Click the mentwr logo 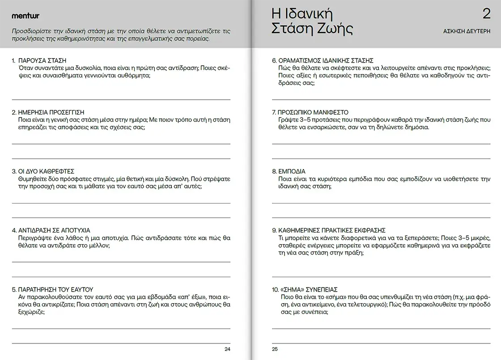pyautogui.click(x=25, y=16)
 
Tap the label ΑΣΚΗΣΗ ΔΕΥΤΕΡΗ pyautogui.click(x=467, y=31)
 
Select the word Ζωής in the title pyautogui.click(x=334, y=29)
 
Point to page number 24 pyautogui.click(x=227, y=349)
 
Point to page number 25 pyautogui.click(x=275, y=349)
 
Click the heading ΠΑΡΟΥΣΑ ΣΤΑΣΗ pyautogui.click(x=42, y=60)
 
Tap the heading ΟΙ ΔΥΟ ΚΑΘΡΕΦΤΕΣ pyautogui.click(x=46, y=171)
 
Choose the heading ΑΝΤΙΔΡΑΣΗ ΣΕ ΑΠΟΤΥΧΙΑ pyautogui.click(x=54, y=230)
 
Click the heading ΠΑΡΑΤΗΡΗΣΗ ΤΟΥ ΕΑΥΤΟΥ pyautogui.click(x=55, y=289)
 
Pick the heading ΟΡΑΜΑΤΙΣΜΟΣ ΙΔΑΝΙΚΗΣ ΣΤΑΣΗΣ pyautogui.click(x=326, y=60)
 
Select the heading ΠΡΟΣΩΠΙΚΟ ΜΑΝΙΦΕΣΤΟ pyautogui.click(x=313, y=112)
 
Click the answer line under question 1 pyautogui.click(x=121, y=99)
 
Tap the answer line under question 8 pyautogui.click(x=381, y=203)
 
